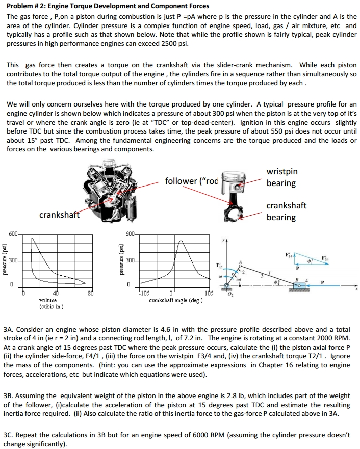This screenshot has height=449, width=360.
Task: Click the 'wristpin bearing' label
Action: [282, 177]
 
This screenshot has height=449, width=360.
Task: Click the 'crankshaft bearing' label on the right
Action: [286, 211]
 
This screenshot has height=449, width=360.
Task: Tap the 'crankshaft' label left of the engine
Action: [59, 215]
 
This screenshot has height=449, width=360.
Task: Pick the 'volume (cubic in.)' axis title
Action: [50, 304]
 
